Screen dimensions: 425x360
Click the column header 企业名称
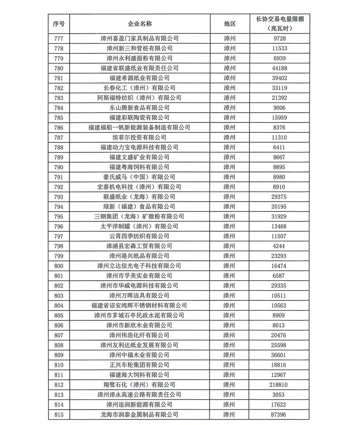(140, 24)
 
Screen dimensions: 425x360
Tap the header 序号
(59, 24)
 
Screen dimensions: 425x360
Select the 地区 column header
(230, 24)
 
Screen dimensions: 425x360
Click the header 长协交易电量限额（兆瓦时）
(279, 24)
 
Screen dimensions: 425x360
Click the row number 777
(59, 38)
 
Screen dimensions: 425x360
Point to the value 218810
(278, 385)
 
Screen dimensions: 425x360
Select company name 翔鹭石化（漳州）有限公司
(139, 385)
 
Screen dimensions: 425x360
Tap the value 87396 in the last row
(279, 414)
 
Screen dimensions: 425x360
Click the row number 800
(59, 266)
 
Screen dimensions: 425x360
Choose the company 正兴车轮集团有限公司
(139, 365)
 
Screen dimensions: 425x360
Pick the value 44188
(279, 68)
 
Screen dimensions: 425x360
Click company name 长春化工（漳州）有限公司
(139, 88)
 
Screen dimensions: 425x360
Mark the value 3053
(278, 395)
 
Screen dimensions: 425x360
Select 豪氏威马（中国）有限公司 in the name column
(139, 177)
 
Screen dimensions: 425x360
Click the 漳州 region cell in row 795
(229, 217)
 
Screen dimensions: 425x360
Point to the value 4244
(279, 246)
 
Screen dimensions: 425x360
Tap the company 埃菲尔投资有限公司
(139, 137)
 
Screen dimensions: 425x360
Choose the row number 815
(59, 414)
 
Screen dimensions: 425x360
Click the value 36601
(279, 355)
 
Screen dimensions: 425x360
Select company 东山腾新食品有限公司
(139, 108)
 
